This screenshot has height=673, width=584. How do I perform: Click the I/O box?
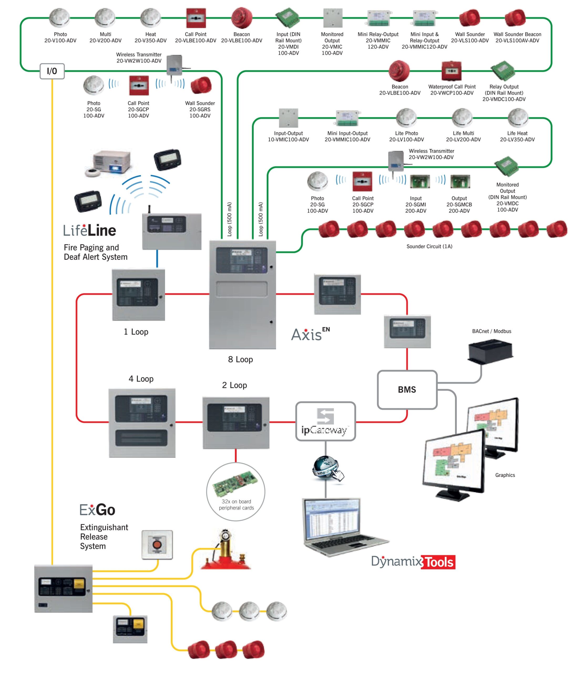click(x=52, y=71)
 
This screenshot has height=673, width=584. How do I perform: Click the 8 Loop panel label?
click(x=240, y=359)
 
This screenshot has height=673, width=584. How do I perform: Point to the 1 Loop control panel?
click(x=139, y=295)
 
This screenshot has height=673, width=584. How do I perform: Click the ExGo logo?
click(x=98, y=510)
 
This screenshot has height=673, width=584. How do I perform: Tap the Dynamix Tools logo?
click(x=413, y=562)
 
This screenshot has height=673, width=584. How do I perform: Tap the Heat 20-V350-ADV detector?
click(x=150, y=18)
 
